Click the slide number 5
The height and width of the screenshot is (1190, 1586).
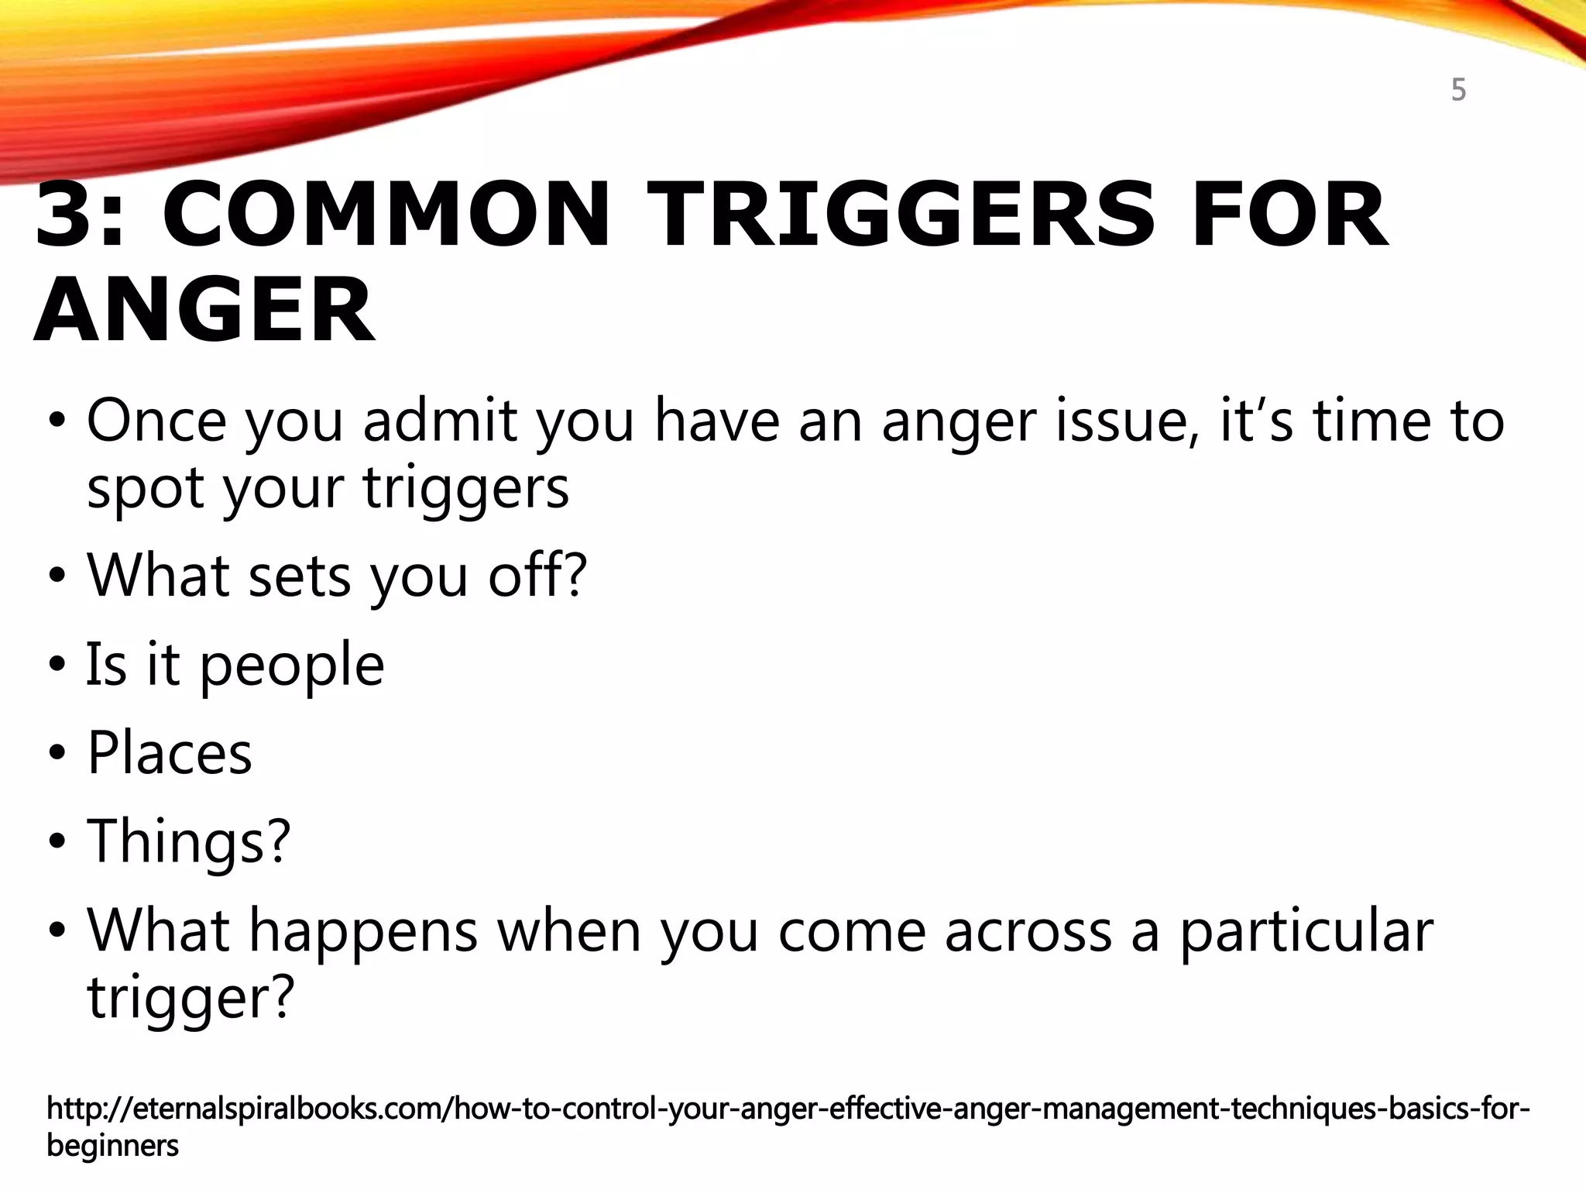point(1458,91)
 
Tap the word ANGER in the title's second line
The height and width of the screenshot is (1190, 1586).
point(204,310)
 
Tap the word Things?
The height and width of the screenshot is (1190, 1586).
point(188,841)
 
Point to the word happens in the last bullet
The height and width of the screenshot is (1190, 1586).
point(362,931)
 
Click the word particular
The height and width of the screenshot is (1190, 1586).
point(1306,931)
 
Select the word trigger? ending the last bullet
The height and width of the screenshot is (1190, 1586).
point(191,998)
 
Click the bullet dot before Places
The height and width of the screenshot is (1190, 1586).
point(58,755)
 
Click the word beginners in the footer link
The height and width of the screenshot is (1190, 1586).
point(112,1145)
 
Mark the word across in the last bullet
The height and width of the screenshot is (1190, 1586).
point(1028,931)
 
